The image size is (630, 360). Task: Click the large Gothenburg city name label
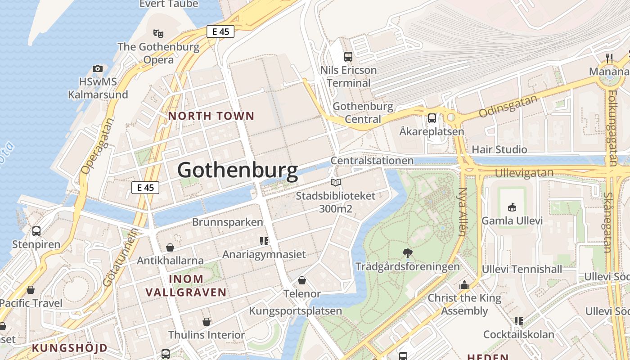(x=238, y=171)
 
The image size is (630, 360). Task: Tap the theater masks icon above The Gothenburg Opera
(x=158, y=33)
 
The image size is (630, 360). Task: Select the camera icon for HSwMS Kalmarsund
(x=98, y=68)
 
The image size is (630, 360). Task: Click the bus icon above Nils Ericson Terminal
(x=348, y=57)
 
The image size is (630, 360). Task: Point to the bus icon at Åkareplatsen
(x=432, y=118)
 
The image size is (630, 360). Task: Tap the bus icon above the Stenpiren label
(x=36, y=231)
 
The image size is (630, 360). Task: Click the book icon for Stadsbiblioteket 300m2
(x=336, y=182)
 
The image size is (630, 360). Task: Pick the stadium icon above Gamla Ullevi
(x=512, y=207)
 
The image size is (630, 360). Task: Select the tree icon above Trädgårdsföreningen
(x=408, y=253)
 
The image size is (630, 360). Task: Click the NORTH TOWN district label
(x=211, y=116)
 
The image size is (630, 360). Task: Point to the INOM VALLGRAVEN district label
(x=186, y=285)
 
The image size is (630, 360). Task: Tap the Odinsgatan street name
(x=508, y=106)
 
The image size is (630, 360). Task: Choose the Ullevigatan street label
(x=524, y=173)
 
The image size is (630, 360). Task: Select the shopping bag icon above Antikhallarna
(x=170, y=247)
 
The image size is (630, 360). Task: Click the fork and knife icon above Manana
(x=609, y=58)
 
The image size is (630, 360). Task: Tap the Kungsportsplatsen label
(x=296, y=311)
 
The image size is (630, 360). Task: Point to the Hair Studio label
(x=499, y=149)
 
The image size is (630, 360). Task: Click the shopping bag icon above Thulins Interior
(x=207, y=322)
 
